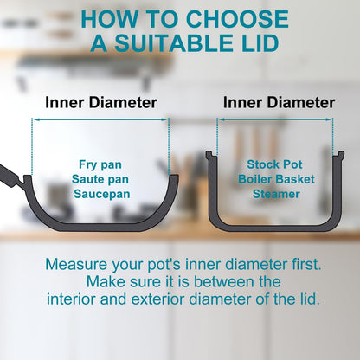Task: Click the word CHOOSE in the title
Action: click(238, 19)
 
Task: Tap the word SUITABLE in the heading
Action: click(173, 43)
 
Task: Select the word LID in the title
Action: click(258, 43)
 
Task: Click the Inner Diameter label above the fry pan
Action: click(101, 102)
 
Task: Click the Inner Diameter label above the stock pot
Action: click(279, 102)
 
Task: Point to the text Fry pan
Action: click(100, 164)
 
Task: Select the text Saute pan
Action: click(100, 179)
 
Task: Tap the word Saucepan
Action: click(101, 194)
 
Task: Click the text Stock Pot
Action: click(274, 164)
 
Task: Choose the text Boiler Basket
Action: click(276, 179)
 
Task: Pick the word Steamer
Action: click(276, 194)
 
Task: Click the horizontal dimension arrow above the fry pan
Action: click(100, 119)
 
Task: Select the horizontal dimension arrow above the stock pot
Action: click(275, 119)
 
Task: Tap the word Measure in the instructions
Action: click(76, 264)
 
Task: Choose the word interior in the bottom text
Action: click(71, 299)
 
